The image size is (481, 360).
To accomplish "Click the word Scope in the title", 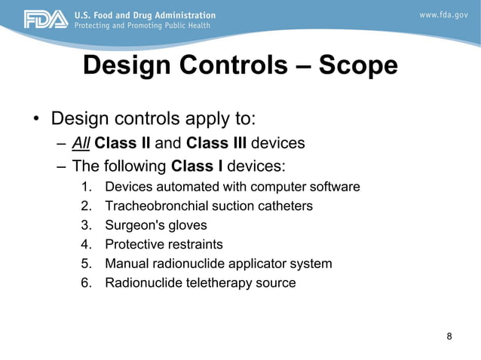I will coord(358,66).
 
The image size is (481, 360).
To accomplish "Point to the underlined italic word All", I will coord(81,143).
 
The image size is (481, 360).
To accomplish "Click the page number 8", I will coord(449,336).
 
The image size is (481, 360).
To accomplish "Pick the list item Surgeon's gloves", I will coord(155,225).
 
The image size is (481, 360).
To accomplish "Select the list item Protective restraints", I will coord(164,245).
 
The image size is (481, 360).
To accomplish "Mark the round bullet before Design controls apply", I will coord(35,121).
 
